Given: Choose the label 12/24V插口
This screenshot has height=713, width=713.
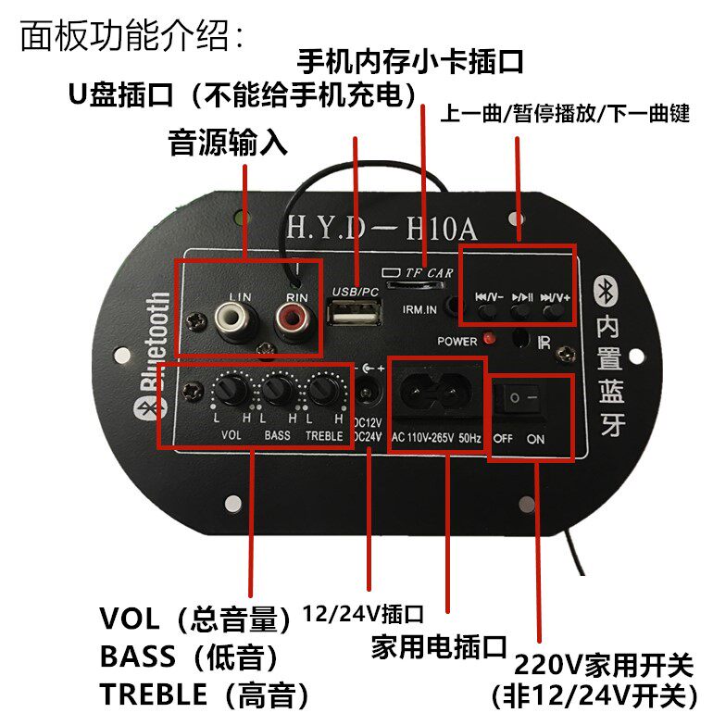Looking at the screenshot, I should click(x=365, y=612).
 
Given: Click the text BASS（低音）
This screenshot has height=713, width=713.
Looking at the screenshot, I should click(x=189, y=657).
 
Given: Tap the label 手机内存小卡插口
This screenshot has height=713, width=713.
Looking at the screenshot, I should click(x=410, y=62).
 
